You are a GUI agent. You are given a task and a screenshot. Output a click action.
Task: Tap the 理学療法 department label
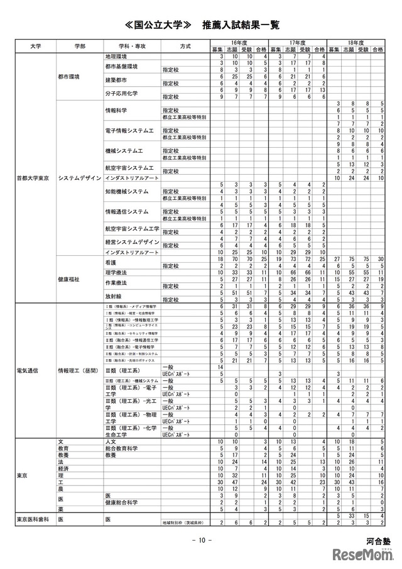[x=117, y=272]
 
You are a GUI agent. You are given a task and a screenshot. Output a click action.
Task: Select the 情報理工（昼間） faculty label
[x=78, y=370]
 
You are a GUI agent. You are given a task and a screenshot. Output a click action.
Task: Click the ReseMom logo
[x=364, y=555]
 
